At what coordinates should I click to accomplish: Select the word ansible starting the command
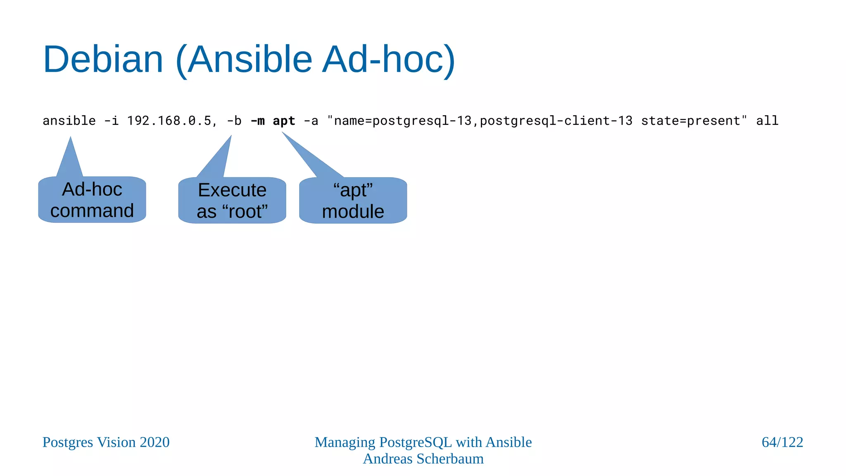pyautogui.click(x=69, y=121)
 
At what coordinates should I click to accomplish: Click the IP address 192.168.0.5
pyautogui.click(x=169, y=121)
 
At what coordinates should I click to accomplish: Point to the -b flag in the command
pyautogui.click(x=234, y=121)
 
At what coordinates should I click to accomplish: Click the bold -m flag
pyautogui.click(x=257, y=121)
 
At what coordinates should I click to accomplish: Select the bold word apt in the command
pyautogui.click(x=284, y=121)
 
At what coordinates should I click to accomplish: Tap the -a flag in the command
pyautogui.click(x=311, y=121)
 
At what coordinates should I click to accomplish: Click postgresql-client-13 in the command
pyautogui.click(x=556, y=121)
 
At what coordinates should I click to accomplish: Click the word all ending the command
pyautogui.click(x=767, y=121)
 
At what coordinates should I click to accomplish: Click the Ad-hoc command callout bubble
pyautogui.click(x=92, y=200)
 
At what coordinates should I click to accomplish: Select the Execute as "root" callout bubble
pyautogui.click(x=232, y=201)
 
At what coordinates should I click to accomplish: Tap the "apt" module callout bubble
pyautogui.click(x=353, y=201)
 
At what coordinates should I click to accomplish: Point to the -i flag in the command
pyautogui.click(x=111, y=121)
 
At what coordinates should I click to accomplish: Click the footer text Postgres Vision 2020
pyautogui.click(x=106, y=442)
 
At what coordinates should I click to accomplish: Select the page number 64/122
pyautogui.click(x=782, y=442)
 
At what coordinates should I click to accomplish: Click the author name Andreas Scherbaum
pyautogui.click(x=423, y=459)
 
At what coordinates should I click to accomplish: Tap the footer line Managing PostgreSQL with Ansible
pyautogui.click(x=423, y=442)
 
